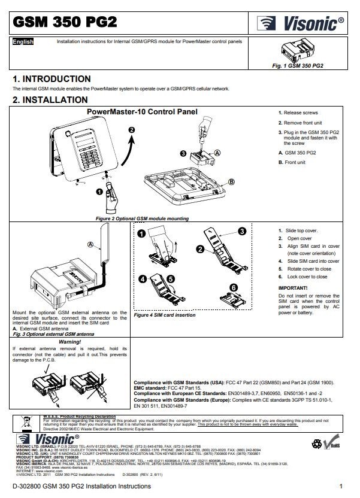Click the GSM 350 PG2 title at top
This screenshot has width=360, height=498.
[x=65, y=22]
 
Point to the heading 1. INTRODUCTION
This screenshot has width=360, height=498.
[x=52, y=79]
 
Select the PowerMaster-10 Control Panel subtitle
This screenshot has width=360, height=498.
[x=143, y=111]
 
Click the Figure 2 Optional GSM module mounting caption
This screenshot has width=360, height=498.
[x=143, y=219]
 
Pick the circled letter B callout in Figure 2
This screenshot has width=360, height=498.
[x=231, y=181]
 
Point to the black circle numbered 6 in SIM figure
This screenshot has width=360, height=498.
[x=234, y=287]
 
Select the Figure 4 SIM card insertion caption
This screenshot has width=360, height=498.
[x=164, y=315]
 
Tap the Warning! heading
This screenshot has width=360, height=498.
[x=70, y=341]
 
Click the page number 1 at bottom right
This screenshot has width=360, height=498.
[x=340, y=486]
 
